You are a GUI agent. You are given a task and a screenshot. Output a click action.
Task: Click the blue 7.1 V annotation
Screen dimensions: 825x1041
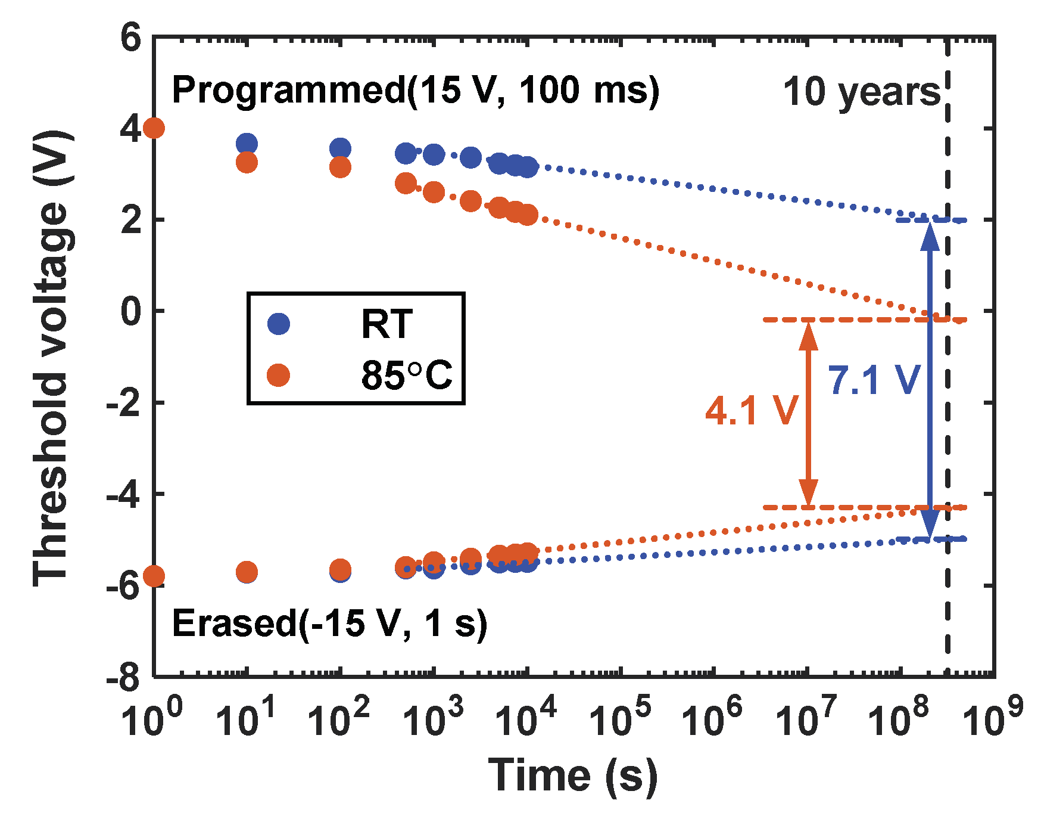[874, 380]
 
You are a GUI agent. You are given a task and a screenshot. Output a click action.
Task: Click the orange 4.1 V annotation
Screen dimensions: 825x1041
[751, 411]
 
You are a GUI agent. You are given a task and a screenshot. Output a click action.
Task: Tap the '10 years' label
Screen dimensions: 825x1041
[861, 92]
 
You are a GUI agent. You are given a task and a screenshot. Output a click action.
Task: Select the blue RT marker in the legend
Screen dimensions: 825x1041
[278, 324]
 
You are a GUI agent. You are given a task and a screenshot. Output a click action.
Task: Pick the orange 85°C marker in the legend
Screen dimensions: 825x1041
[278, 376]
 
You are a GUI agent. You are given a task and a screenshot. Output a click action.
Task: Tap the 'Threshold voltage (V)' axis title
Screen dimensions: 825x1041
[52, 358]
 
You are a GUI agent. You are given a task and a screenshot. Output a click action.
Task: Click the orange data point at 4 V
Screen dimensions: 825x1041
[154, 128]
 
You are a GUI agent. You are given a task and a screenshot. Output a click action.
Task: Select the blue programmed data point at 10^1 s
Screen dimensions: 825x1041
[247, 144]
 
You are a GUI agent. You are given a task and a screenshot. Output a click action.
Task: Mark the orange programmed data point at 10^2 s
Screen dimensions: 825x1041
[340, 167]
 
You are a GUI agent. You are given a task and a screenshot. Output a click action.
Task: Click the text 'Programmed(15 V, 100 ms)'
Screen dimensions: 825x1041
[415, 91]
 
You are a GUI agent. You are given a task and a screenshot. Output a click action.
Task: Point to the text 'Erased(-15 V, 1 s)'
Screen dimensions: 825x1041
[329, 624]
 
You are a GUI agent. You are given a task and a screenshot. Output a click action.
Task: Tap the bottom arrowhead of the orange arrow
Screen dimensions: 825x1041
[808, 494]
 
